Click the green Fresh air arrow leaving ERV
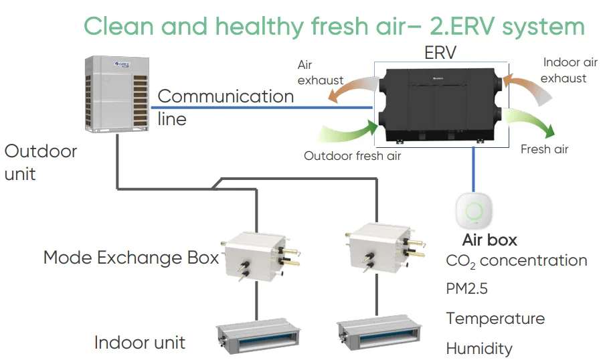(531, 122)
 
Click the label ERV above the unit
(440, 53)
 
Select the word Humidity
(479, 348)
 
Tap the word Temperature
(495, 319)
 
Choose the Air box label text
(489, 240)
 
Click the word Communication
(226, 96)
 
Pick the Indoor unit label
(140, 343)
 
